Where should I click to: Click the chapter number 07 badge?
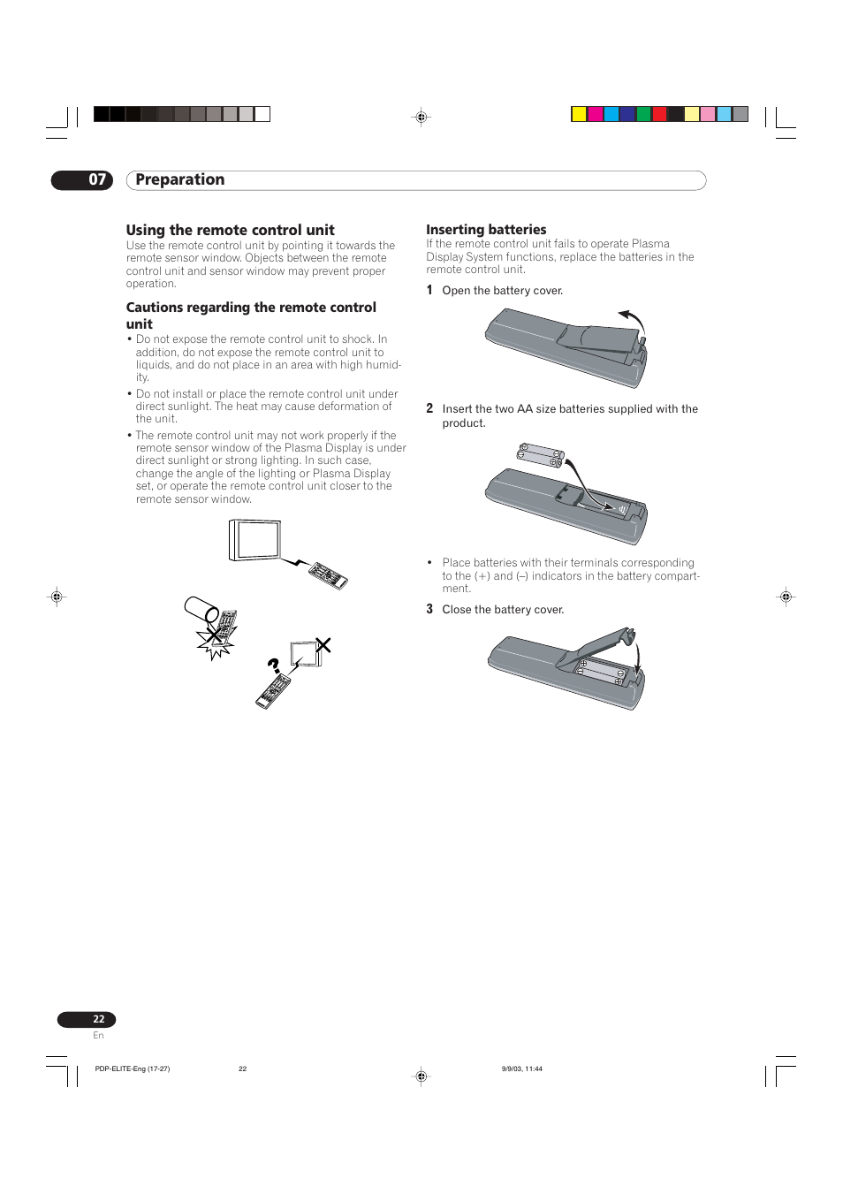click(x=82, y=180)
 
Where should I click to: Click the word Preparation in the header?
click(x=180, y=180)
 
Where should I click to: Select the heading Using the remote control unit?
click(x=230, y=230)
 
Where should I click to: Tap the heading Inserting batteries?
click(x=486, y=230)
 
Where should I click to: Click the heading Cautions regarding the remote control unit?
click(x=250, y=316)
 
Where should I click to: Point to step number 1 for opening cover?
click(x=429, y=290)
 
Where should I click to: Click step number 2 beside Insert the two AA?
click(x=429, y=408)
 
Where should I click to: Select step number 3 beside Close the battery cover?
click(x=429, y=609)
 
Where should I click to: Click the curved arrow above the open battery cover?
click(x=633, y=320)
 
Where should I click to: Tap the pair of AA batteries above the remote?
click(x=541, y=455)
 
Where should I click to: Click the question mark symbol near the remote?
click(x=274, y=665)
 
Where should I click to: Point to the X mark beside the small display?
click(x=323, y=645)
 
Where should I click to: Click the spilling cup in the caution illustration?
click(x=201, y=609)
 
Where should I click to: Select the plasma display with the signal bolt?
click(x=255, y=540)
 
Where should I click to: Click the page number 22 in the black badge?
click(x=98, y=1019)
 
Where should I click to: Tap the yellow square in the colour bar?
click(x=579, y=114)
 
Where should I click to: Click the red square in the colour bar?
click(x=659, y=114)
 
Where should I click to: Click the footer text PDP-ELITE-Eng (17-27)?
click(x=133, y=1069)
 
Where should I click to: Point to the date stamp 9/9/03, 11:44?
click(x=522, y=1069)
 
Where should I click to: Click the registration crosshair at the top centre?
click(x=421, y=117)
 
